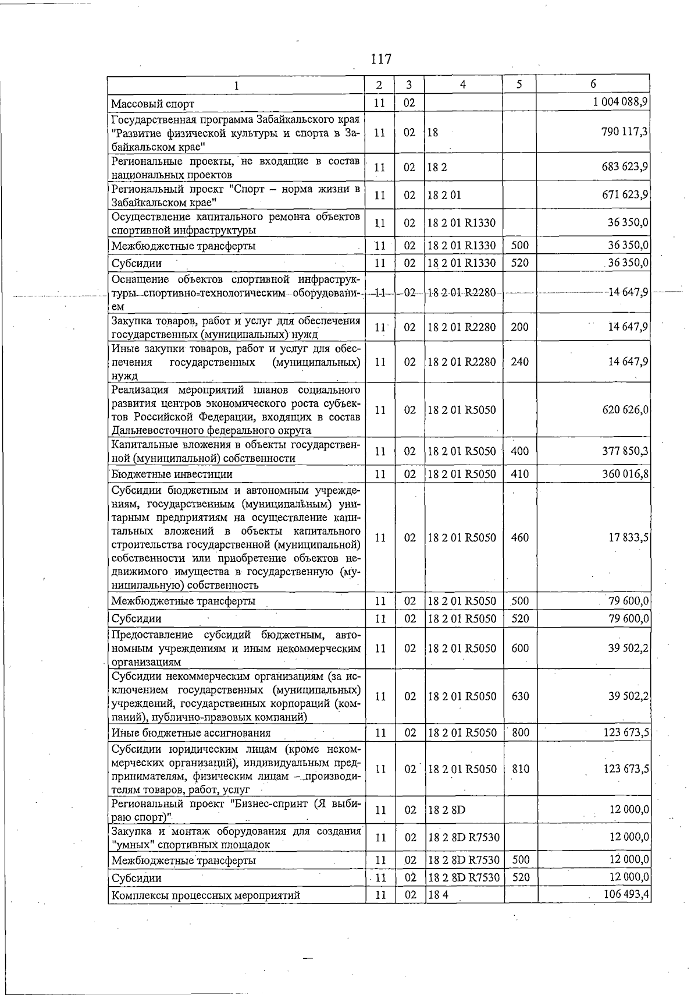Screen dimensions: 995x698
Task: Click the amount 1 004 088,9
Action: [621, 102]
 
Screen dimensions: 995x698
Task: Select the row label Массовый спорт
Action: [153, 104]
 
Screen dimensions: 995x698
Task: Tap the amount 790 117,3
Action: [625, 132]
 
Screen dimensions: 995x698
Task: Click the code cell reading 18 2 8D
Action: [447, 810]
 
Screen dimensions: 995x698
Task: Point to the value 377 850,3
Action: [625, 451]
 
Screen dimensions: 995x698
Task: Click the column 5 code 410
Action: [519, 474]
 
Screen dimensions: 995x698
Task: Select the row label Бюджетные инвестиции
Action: [172, 475]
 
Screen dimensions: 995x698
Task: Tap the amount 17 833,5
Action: [628, 538]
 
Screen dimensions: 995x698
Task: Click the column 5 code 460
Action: [519, 538]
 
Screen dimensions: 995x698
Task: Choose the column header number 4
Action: [462, 84]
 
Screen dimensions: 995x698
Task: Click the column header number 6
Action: [593, 84]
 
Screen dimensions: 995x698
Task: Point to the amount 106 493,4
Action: [626, 894]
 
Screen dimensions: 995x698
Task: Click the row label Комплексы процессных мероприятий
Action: [206, 895]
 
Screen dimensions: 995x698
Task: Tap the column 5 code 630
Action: [520, 696]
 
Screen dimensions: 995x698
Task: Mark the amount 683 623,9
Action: [625, 167]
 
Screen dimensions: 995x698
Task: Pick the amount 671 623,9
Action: [625, 195]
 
